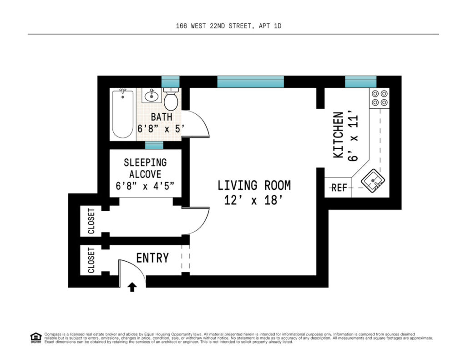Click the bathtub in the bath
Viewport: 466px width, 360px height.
pos(123,114)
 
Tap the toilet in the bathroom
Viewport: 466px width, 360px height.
pos(171,99)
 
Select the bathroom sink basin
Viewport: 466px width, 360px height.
pos(152,96)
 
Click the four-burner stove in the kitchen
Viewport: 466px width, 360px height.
pos(380,98)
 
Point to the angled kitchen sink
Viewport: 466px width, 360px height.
pos(373,180)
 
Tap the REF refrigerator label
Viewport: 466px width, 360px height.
pos(339,188)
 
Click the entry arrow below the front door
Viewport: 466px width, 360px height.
pos(132,287)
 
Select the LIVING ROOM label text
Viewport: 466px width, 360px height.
pos(254,185)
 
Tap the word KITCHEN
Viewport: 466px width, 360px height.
pos(338,135)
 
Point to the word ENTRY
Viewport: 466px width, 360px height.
pos(152,258)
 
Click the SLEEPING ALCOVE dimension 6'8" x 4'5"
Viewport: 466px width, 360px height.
pos(145,186)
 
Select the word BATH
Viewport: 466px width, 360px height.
pos(162,117)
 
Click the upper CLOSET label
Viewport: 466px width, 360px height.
pos(91,221)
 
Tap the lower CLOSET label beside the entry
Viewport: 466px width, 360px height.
pos(91,260)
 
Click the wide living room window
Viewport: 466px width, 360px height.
pos(251,82)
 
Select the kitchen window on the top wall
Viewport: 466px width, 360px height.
pos(361,82)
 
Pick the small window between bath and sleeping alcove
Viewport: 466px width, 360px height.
pos(154,145)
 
